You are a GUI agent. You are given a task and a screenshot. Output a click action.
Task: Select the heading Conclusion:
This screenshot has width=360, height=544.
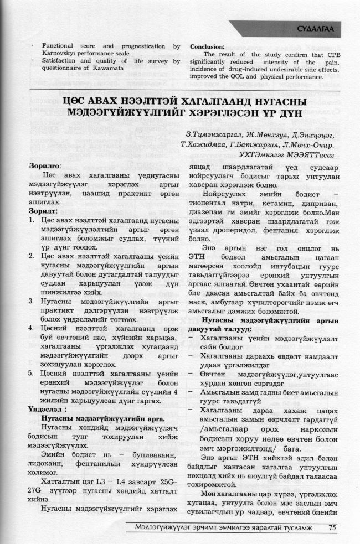tap(207, 46)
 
